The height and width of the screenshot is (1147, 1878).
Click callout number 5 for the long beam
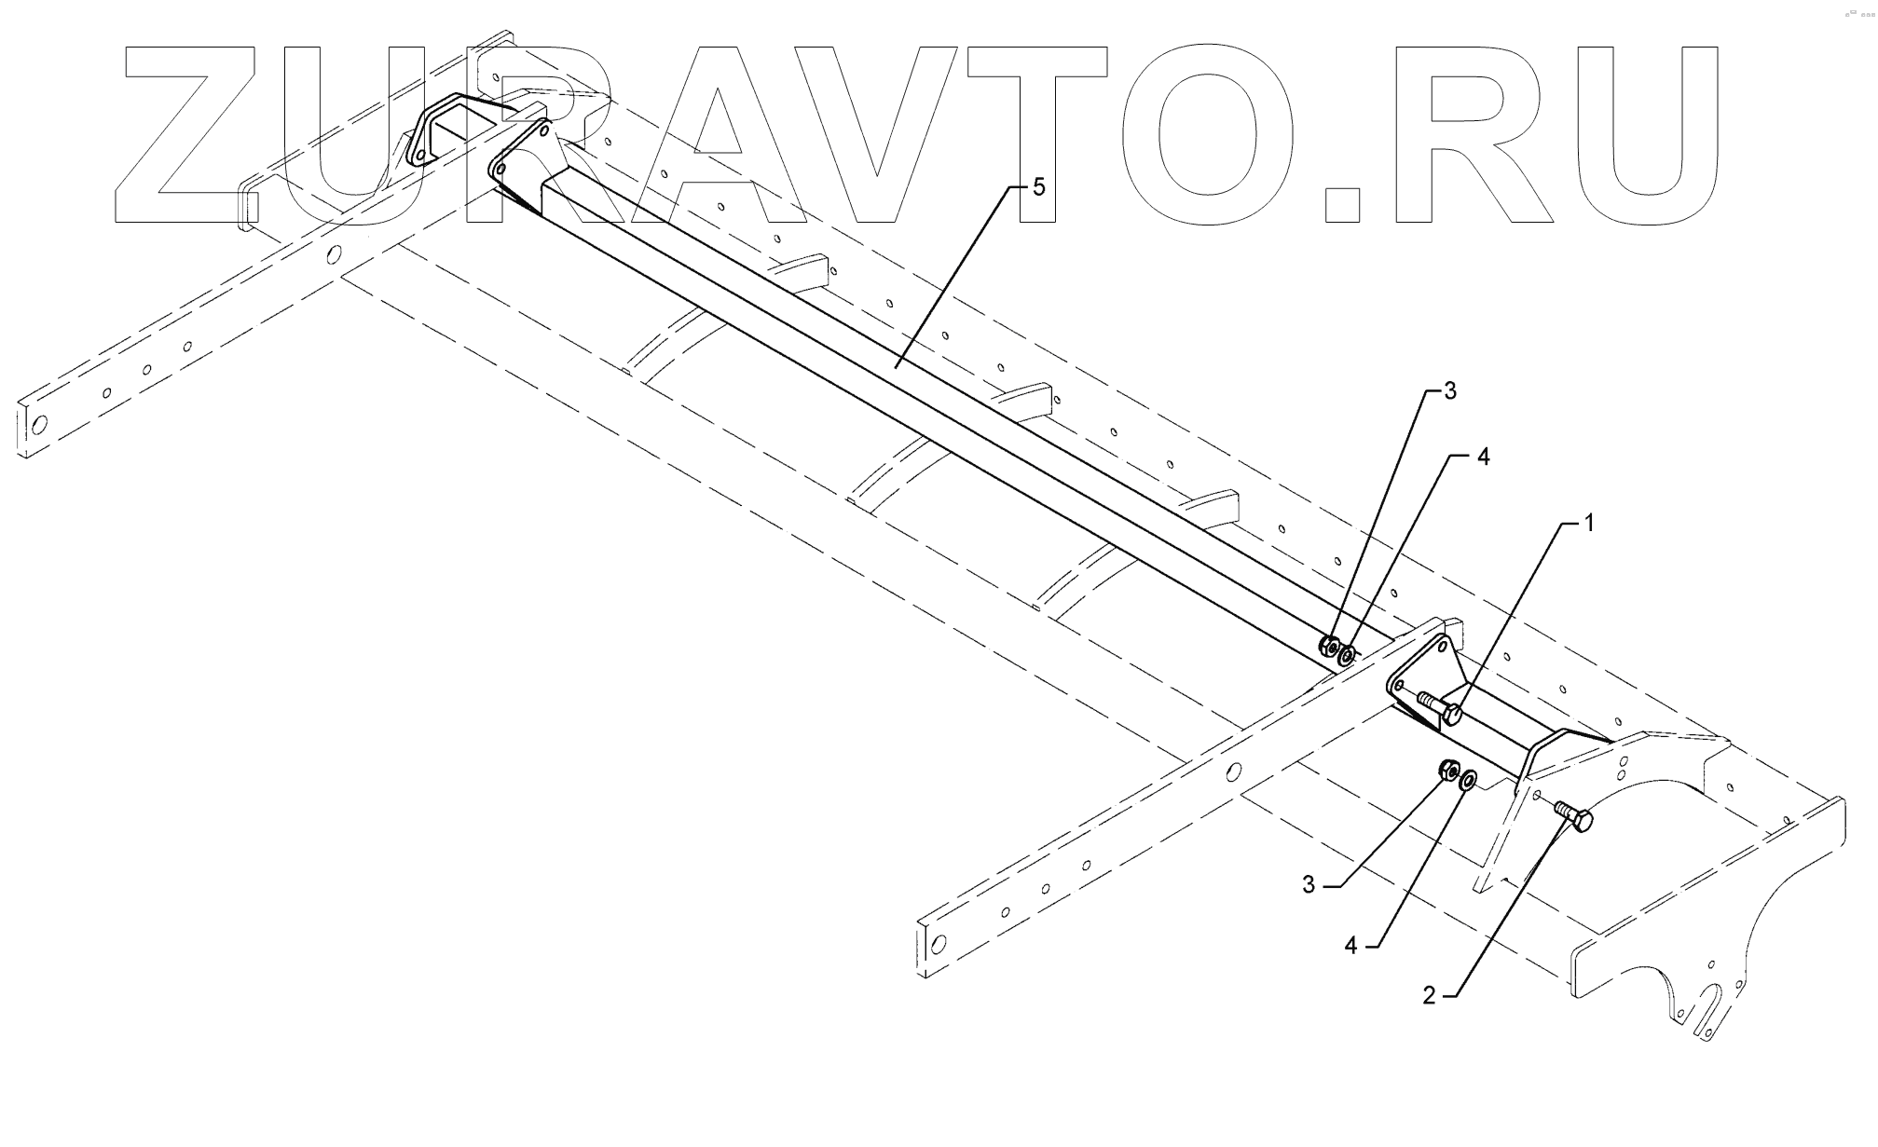coord(1038,187)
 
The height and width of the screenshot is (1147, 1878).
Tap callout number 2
coord(1429,996)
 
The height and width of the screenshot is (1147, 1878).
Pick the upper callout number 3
coord(1449,392)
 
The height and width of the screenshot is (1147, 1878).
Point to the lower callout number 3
coord(1309,885)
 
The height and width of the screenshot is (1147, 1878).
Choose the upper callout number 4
coord(1484,457)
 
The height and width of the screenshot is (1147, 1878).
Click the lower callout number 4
coord(1350,946)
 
